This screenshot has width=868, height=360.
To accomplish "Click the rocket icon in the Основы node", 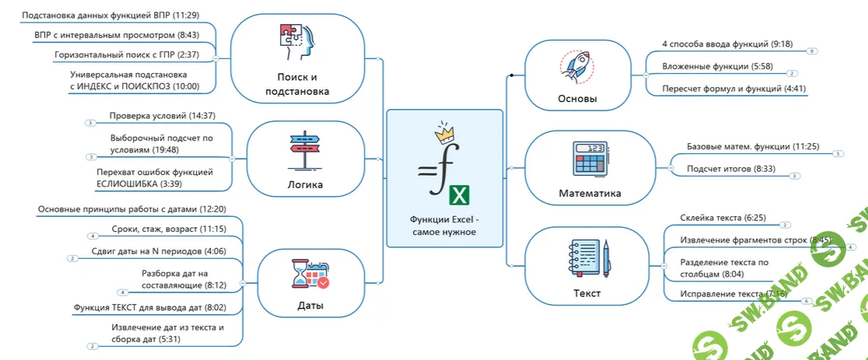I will (577, 68).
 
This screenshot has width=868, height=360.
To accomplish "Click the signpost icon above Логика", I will (305, 151).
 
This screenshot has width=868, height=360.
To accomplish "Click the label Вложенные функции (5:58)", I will (705, 67).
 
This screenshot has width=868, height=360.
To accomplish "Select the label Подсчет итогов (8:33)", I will (719, 169).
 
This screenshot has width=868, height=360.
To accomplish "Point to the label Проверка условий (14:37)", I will (162, 116).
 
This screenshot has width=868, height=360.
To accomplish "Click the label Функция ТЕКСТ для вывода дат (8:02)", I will (149, 307).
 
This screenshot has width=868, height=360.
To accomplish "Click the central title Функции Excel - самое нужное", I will (444, 225).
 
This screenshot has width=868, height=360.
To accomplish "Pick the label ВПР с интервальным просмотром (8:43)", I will (117, 35).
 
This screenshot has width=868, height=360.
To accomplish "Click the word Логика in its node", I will (305, 184).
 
